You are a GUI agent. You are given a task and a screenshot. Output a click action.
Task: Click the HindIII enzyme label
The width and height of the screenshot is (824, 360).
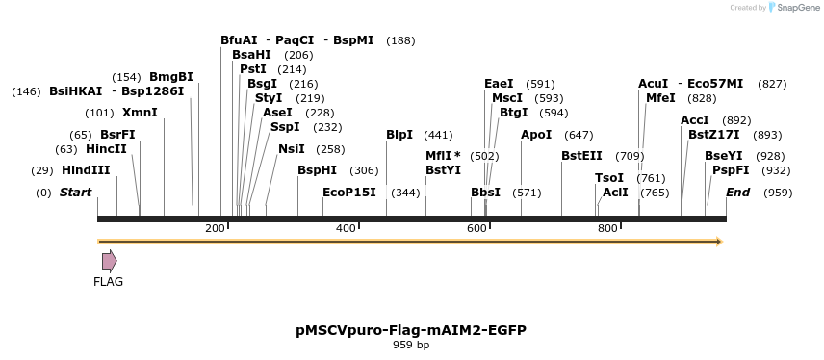[86, 170]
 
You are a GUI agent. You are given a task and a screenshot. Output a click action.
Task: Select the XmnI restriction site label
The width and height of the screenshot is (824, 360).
[140, 113]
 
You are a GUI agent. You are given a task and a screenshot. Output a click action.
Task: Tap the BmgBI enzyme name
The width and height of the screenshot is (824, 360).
[171, 77]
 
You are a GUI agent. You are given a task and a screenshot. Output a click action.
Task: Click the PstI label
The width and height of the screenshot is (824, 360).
[253, 69]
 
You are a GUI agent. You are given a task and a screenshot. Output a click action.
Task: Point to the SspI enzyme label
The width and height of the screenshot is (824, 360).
[285, 127]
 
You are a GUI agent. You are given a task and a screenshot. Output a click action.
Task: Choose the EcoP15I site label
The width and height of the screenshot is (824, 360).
[349, 193]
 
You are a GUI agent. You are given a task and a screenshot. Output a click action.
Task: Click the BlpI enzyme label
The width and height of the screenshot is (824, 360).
[399, 135]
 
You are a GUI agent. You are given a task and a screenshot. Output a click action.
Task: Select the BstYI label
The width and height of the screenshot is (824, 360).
[444, 170]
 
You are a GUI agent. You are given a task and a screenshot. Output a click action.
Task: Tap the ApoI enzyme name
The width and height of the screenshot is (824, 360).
[536, 135]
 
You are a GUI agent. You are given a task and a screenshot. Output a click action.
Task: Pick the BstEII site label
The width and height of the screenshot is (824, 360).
[581, 156]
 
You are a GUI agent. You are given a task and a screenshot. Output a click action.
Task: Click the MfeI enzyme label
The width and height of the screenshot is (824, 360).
[660, 98]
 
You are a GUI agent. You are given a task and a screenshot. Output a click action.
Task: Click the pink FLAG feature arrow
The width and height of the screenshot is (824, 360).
[109, 260]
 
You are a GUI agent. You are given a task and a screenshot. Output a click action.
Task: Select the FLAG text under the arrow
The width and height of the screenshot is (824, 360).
[108, 282]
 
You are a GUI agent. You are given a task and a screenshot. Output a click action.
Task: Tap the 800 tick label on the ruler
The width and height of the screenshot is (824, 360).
[607, 228]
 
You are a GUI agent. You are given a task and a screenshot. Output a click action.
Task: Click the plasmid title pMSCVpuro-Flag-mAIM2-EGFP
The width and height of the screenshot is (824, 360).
[411, 330]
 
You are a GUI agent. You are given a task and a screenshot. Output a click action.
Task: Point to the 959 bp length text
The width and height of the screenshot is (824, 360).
[411, 345]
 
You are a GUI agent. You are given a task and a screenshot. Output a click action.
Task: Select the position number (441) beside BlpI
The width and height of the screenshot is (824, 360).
[438, 135]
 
